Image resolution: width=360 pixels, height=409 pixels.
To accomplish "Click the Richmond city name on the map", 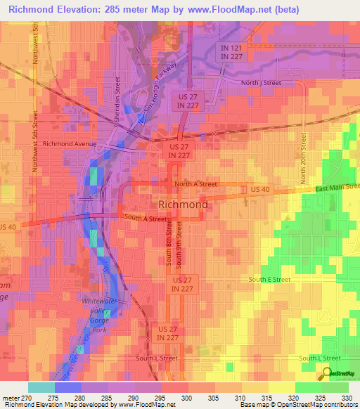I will (183, 204).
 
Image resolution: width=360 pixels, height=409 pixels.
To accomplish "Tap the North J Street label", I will (261, 82).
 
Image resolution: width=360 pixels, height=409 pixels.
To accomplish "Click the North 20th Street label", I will (304, 160).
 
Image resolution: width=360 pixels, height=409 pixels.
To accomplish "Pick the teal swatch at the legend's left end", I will (41, 387).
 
